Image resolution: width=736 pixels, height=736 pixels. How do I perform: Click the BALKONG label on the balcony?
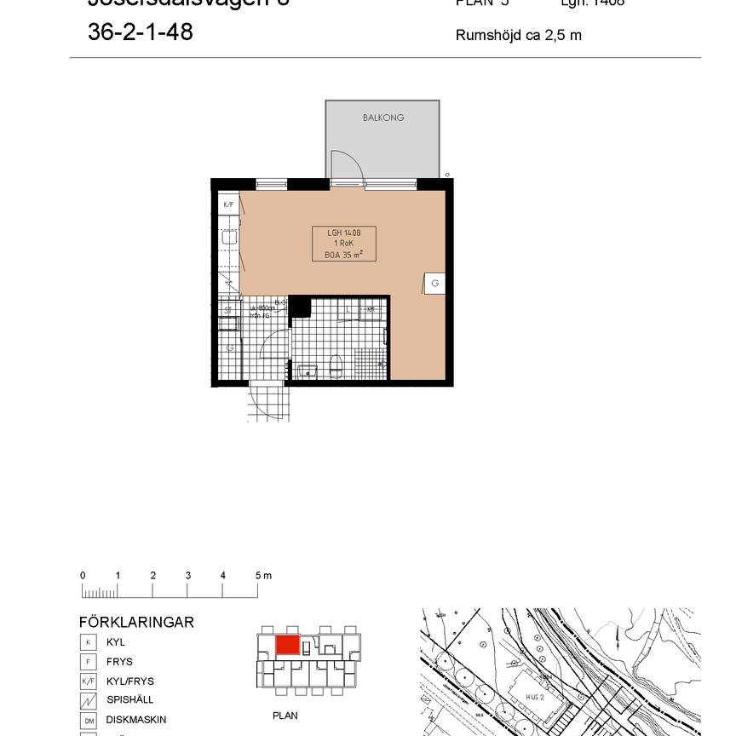pos(382,118)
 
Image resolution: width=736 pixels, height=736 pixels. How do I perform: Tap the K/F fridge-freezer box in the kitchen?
pos(228,205)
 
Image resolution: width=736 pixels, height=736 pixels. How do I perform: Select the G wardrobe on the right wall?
pos(434,283)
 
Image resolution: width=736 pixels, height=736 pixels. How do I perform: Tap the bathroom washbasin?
pos(308,371)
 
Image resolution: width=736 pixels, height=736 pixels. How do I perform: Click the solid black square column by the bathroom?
pos(300,307)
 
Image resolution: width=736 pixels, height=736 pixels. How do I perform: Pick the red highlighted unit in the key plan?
pos(287,645)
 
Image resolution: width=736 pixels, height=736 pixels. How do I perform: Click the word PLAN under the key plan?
pos(285,716)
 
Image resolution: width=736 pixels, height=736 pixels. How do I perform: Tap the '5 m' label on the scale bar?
pos(262,576)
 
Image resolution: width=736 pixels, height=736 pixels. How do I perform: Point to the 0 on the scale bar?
pos(83,576)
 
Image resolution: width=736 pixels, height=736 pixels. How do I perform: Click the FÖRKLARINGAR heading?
pos(135,622)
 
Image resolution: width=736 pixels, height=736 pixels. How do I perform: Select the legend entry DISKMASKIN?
pos(129,720)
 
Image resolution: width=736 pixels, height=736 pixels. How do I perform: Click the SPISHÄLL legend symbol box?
pos(87,700)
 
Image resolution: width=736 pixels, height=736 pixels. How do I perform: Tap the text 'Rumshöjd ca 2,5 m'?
pos(518,36)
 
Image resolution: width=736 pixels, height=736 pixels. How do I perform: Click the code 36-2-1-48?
pos(140,32)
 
